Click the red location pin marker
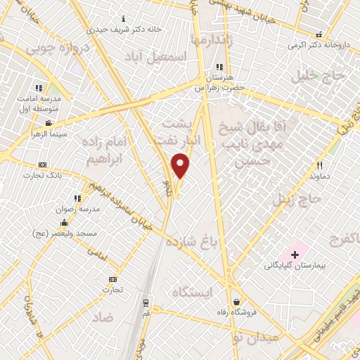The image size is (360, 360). point(181,165)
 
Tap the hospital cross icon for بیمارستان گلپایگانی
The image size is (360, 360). point(295,253)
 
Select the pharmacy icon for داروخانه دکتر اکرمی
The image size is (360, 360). point(319,34)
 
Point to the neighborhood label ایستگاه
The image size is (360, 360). point(191,291)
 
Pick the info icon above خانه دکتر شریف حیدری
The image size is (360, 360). point(124,18)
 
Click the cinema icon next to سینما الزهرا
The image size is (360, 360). point(49,124)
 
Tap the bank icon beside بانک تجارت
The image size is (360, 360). point(43,165)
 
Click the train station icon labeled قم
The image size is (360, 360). point(146,303)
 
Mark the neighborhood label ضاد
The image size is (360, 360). point(103,317)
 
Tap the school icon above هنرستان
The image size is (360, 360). point(220,67)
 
